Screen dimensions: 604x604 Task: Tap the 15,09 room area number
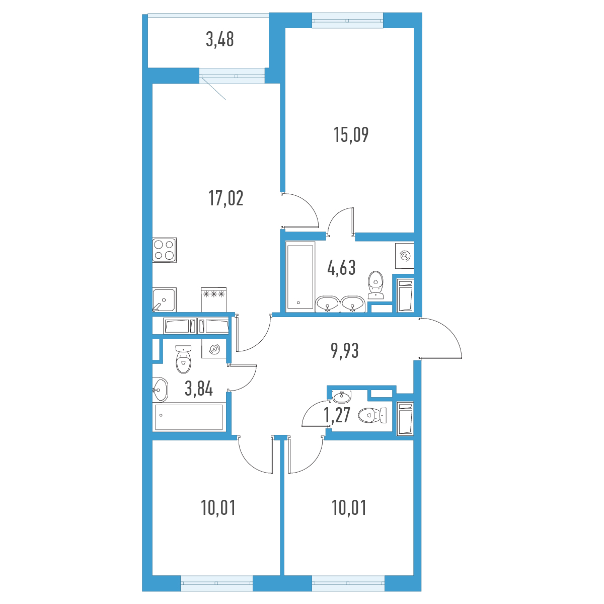point(351,135)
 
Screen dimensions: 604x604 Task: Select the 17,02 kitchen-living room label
point(225,198)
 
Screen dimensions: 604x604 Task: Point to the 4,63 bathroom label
point(341,268)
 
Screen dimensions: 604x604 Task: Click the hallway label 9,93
point(344,351)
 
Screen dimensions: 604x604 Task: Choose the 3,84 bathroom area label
point(199,389)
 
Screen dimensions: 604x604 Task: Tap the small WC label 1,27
point(337,415)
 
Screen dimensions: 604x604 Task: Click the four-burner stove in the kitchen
point(165,250)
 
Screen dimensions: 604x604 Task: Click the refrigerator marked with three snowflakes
point(214,299)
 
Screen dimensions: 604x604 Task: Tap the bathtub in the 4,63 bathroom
point(300,277)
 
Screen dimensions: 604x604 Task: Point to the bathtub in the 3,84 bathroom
point(189,417)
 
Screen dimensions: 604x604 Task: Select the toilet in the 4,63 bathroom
point(375,285)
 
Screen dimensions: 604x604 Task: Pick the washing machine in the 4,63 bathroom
point(405,256)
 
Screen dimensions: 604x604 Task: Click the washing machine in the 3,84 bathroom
point(214,349)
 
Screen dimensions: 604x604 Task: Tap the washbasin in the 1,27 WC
point(342,397)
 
